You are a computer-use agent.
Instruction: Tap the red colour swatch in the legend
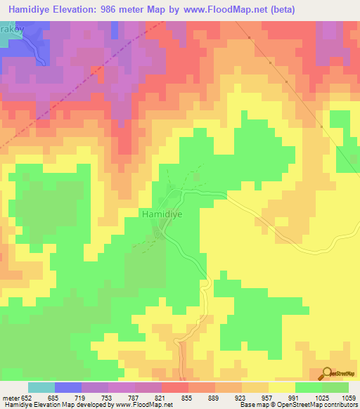coord(174,387)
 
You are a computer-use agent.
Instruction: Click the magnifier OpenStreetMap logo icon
coord(326,374)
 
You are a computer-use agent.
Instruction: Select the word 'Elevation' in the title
coord(78,9)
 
